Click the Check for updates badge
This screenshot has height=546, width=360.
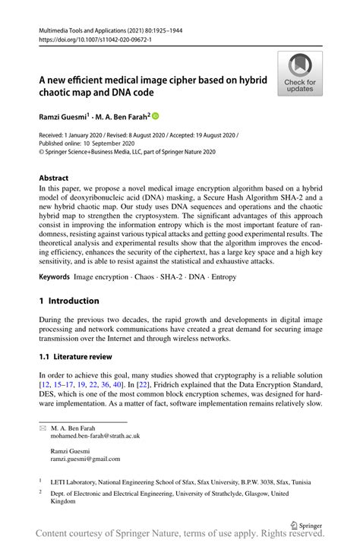point(301,74)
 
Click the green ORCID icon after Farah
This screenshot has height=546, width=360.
point(156,117)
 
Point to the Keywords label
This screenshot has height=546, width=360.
point(55,279)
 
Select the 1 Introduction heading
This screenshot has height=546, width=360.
point(69,301)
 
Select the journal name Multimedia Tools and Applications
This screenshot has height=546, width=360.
point(86,31)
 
